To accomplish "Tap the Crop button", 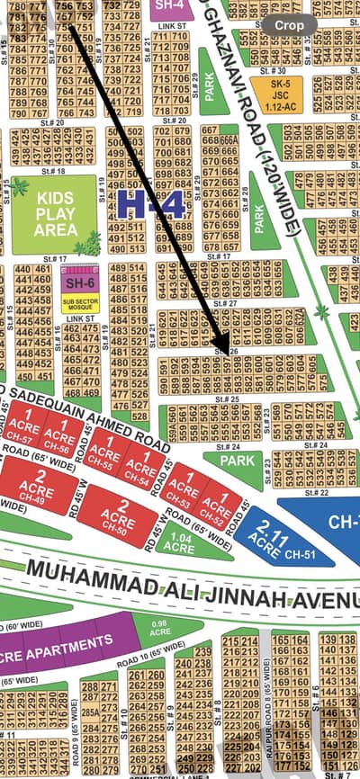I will click(x=289, y=26).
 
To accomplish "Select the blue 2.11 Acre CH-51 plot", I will click(x=270, y=535).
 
